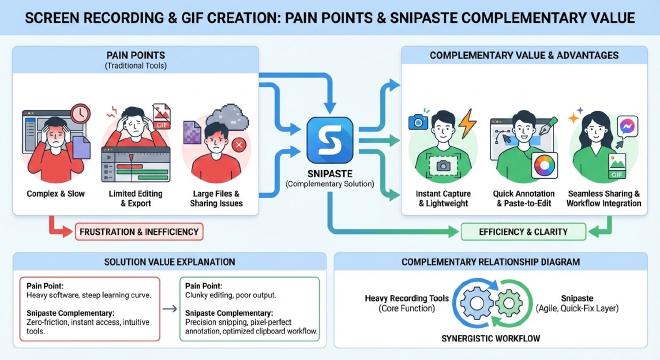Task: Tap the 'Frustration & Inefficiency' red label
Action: pos(137,231)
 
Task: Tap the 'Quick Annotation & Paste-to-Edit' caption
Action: pos(523,197)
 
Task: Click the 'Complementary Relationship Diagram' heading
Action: pos(493,261)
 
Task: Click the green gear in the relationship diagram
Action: pos(508,303)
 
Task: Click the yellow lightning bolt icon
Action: pos(467,125)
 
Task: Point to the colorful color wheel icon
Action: pos(546,163)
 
